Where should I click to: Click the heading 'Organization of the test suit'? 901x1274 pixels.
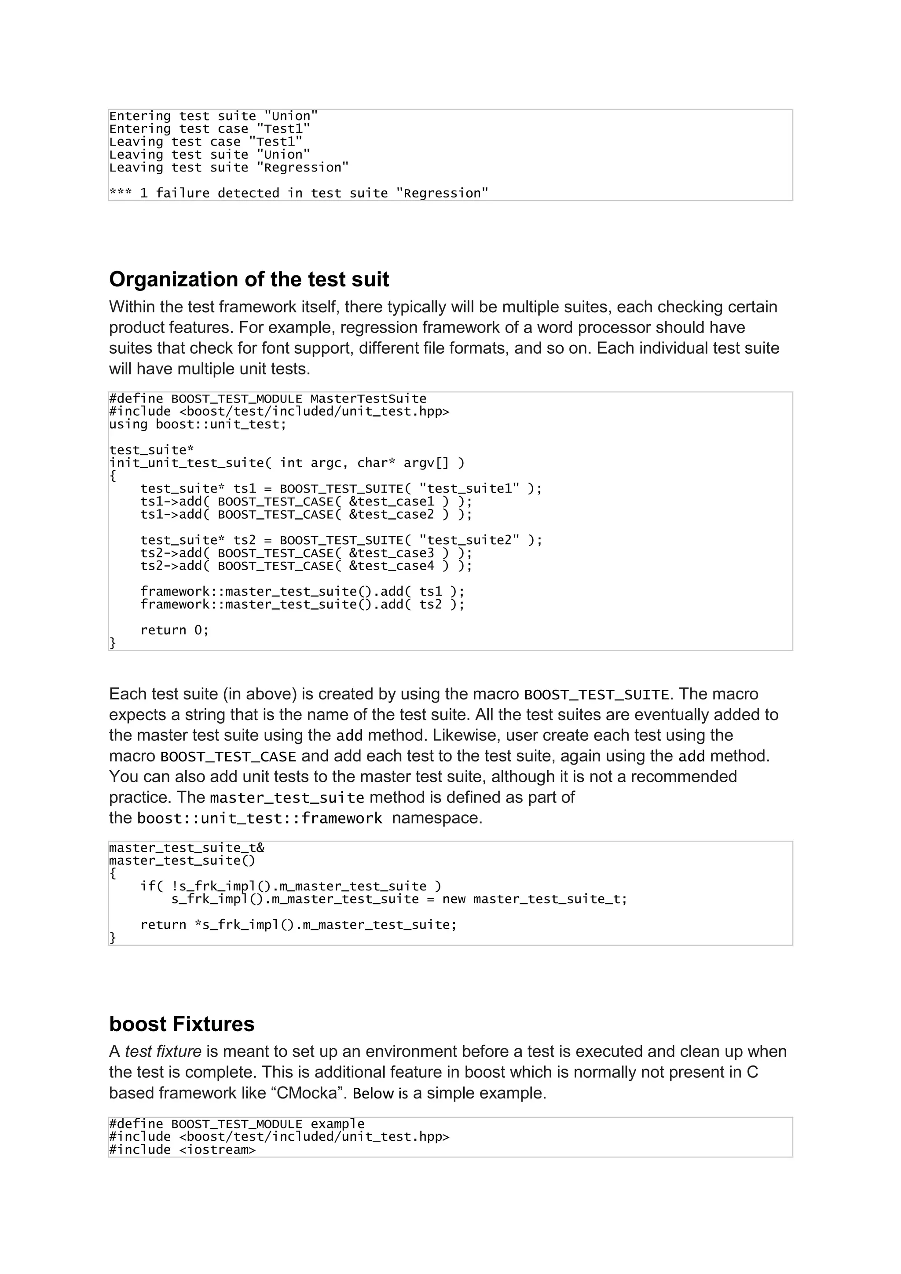point(249,279)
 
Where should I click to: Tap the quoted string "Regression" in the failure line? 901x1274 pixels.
point(442,193)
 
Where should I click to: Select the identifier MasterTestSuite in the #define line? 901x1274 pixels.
point(368,399)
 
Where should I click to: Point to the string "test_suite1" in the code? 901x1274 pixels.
point(469,489)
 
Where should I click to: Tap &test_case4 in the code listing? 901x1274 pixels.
point(391,566)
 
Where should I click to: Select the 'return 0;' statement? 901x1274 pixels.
point(174,630)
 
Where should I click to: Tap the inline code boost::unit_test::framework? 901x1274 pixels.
point(260,818)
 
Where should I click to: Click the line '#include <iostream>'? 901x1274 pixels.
point(182,1150)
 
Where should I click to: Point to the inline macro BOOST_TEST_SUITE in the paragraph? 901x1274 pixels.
point(597,695)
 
